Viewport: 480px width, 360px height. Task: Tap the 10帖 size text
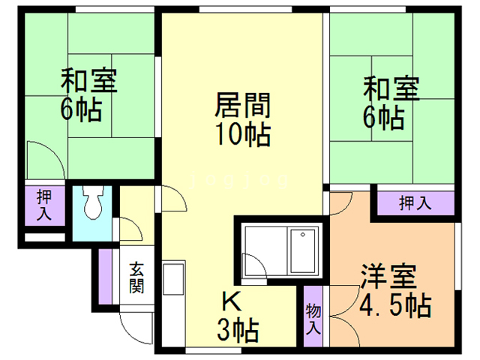[x=241, y=136]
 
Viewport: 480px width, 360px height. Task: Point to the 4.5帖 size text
[x=394, y=307]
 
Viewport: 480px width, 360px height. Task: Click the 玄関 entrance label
[x=136, y=277]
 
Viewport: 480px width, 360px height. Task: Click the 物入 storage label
[x=313, y=319]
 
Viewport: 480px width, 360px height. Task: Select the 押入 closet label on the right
[x=415, y=202]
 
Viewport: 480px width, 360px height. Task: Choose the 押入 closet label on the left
[x=42, y=205]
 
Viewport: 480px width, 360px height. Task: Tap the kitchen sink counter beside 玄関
[x=171, y=289]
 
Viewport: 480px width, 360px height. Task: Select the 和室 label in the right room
[x=391, y=87]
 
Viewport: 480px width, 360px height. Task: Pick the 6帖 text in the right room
[x=384, y=117]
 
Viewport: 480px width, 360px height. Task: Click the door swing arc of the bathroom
[x=253, y=263]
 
